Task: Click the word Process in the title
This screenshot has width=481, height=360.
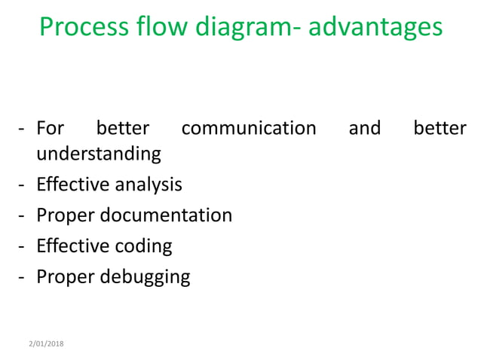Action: coord(83,28)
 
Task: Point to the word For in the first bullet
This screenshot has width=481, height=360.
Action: coord(51,128)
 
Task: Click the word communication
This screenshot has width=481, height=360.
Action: coord(249,128)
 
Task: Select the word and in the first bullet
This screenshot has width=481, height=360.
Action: coord(365,128)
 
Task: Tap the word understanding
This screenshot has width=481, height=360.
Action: coord(99,154)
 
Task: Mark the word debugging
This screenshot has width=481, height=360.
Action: coord(146,277)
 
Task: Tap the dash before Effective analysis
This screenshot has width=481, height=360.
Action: coord(21,185)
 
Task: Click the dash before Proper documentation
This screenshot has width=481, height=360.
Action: coord(21,216)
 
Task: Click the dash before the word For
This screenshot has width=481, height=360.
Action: coord(21,129)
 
